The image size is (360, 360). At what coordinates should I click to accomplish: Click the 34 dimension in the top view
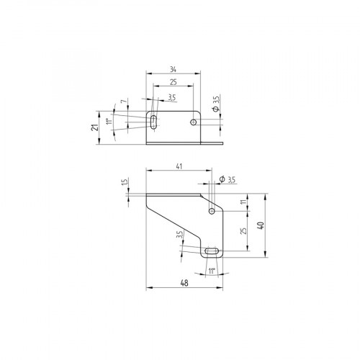tap(173, 68)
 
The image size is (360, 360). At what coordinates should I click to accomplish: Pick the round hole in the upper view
tap(193, 123)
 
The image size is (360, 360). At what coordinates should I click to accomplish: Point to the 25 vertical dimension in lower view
tap(243, 231)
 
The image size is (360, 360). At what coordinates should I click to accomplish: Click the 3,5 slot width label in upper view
tap(171, 96)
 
